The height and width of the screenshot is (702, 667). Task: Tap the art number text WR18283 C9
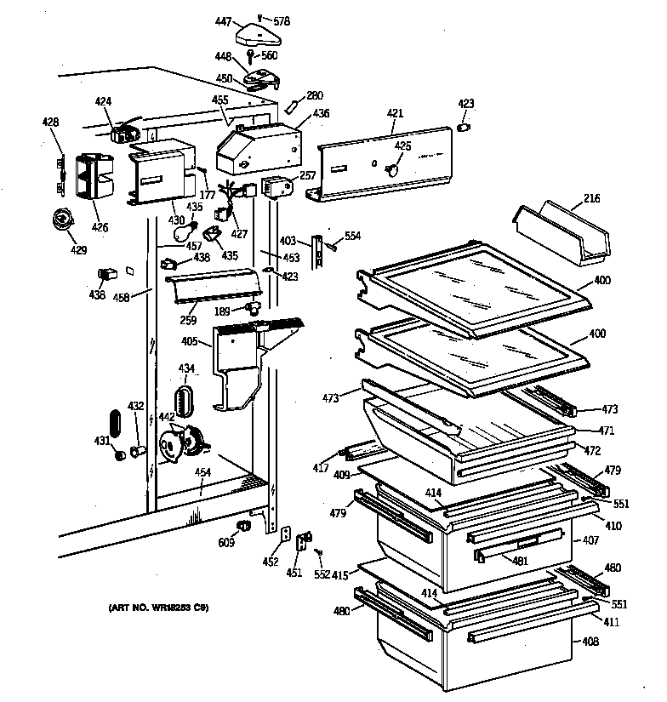click(158, 608)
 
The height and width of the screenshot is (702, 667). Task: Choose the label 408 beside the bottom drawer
click(590, 642)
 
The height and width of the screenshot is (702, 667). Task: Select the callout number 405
click(189, 342)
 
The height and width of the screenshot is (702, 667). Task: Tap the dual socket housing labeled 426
click(90, 180)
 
